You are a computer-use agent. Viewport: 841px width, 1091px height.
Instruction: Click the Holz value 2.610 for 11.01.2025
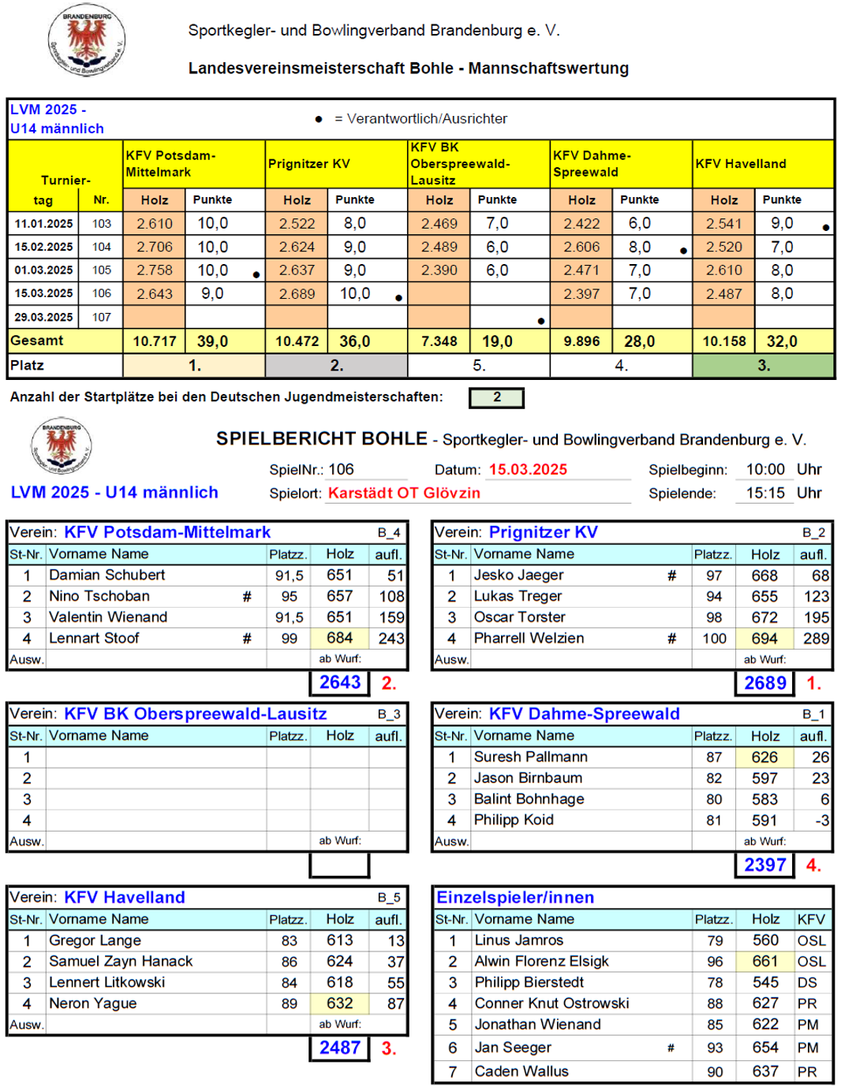point(155,224)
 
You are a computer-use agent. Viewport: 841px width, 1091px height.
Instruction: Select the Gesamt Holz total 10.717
point(155,341)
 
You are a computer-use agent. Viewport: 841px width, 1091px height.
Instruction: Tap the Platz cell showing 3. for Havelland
point(763,366)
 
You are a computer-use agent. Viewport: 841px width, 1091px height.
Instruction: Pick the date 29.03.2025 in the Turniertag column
point(43,317)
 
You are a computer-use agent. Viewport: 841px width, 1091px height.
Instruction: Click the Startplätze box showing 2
point(496,397)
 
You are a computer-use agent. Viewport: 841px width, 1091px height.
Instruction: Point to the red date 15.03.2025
point(528,470)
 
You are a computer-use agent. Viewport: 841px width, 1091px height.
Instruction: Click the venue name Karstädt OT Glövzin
point(404,493)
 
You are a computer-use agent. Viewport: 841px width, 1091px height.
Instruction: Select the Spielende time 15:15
point(765,493)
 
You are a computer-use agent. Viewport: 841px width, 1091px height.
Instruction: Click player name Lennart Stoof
point(94,639)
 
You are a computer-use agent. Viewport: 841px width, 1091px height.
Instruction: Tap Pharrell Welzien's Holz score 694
point(764,639)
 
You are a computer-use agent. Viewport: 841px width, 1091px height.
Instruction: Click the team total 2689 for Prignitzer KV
point(764,683)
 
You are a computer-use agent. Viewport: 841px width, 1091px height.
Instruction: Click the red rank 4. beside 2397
point(813,866)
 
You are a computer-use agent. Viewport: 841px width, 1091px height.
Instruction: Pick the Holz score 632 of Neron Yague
point(340,1003)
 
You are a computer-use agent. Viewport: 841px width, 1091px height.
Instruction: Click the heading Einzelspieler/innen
point(515,898)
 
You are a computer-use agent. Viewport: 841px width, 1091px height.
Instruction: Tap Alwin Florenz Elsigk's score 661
point(764,962)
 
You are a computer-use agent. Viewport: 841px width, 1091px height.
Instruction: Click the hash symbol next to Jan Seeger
point(671,1048)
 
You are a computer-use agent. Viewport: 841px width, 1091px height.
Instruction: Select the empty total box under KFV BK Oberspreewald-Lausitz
point(339,866)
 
